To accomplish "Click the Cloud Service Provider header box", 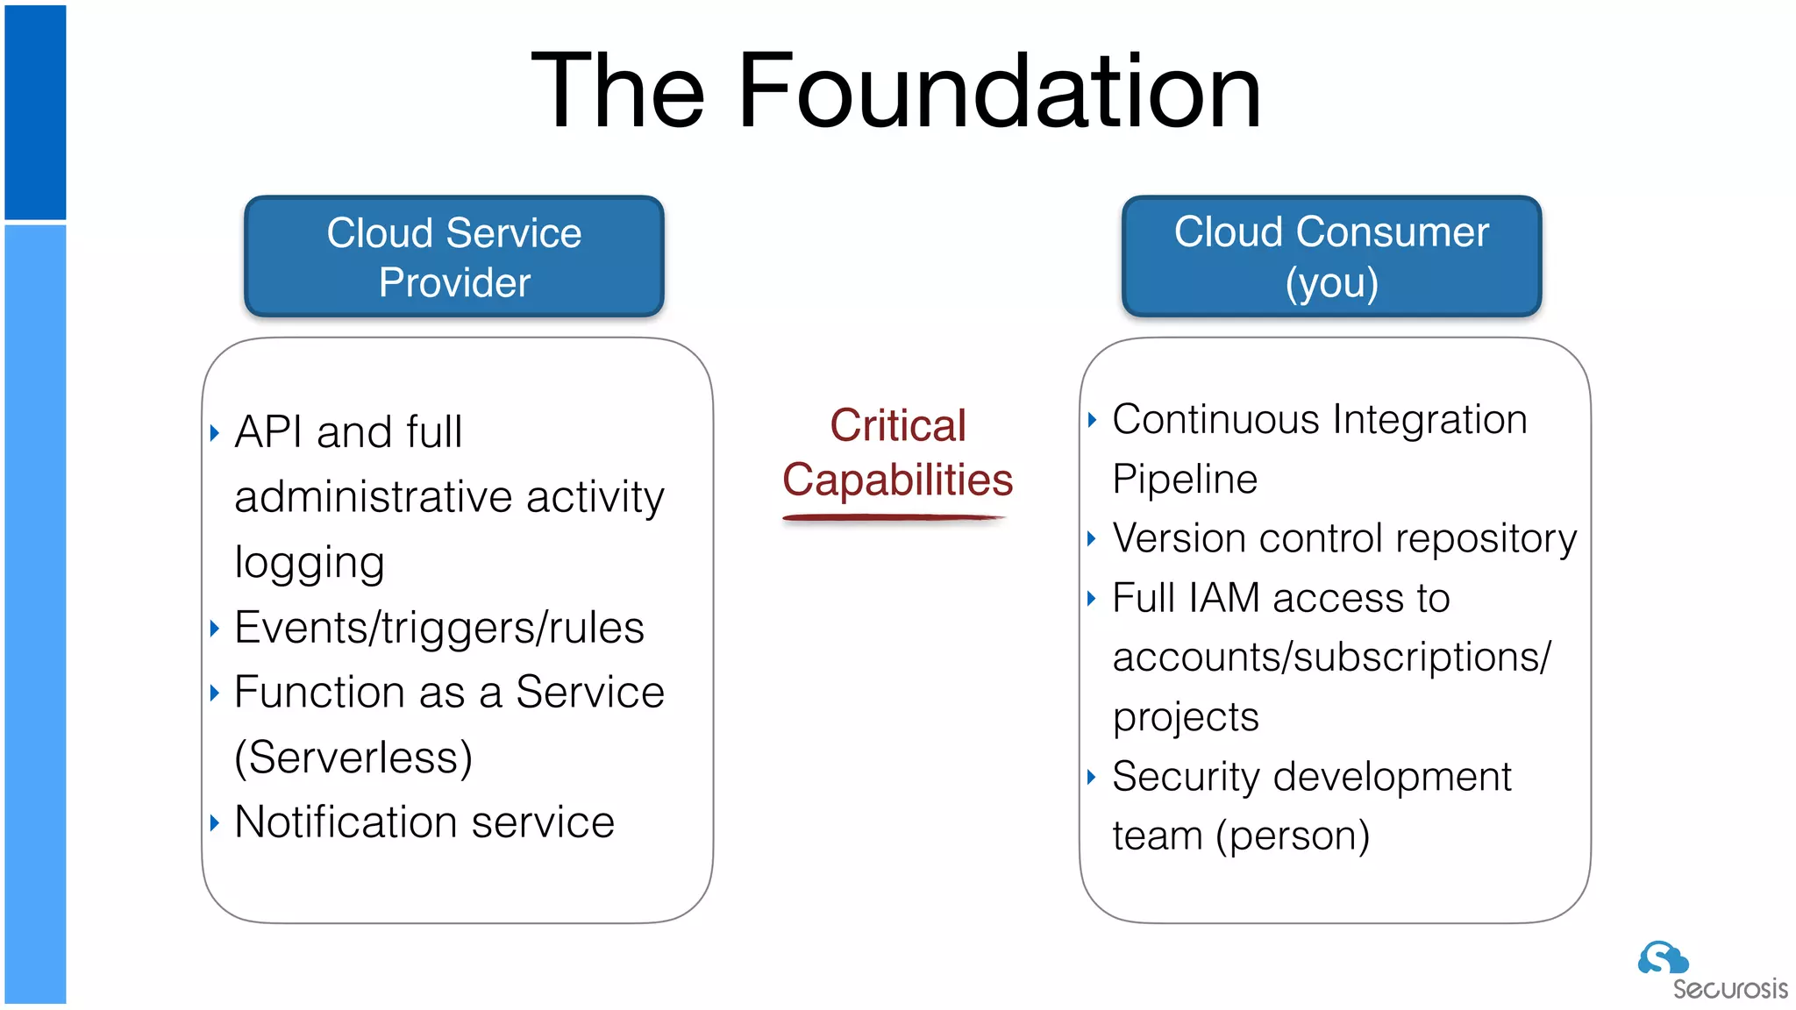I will click(x=454, y=256).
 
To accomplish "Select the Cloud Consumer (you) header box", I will click(x=1331, y=256).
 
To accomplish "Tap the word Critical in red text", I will click(x=897, y=426).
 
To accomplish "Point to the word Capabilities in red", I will click(x=897, y=480).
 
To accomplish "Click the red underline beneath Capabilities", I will click(x=893, y=518).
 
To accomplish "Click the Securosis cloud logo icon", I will click(x=1661, y=958).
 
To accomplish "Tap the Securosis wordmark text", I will click(x=1729, y=989).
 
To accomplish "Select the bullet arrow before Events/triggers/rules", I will click(x=215, y=628).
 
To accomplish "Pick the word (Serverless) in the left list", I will click(x=353, y=757).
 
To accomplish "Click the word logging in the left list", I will click(x=310, y=563).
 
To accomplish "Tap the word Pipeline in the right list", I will click(x=1184, y=480).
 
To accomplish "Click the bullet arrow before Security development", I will click(x=1092, y=777).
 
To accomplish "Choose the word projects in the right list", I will click(x=1186, y=718).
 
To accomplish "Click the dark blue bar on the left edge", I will click(x=35, y=112).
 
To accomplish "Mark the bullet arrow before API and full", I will click(x=215, y=432).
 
